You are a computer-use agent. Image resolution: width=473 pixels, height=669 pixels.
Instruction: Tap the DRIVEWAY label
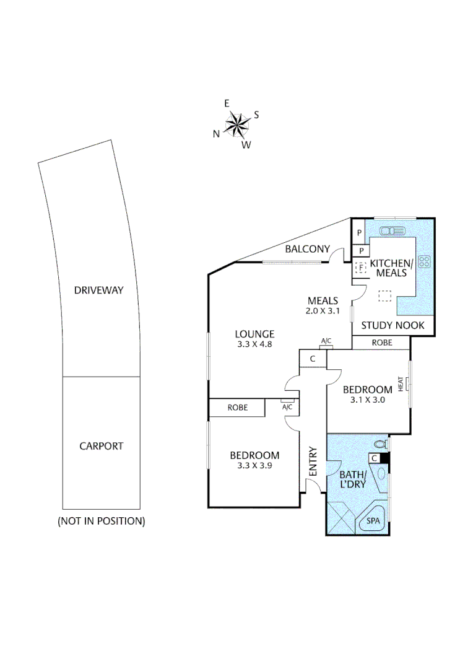(x=98, y=290)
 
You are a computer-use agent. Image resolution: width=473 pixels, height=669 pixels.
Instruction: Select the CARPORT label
(x=101, y=445)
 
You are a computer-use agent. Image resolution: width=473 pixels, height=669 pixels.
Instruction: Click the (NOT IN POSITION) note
(x=101, y=521)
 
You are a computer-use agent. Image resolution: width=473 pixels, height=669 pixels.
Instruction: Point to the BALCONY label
(x=307, y=250)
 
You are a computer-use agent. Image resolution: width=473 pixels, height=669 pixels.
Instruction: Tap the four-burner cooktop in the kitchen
(x=424, y=261)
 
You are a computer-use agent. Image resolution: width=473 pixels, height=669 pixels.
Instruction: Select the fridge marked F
(x=361, y=268)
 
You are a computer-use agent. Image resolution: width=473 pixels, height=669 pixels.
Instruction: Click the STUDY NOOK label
(x=393, y=325)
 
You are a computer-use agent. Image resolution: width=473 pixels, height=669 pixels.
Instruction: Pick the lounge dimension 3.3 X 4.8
(x=255, y=345)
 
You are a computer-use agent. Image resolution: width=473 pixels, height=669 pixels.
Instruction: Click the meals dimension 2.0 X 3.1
(x=323, y=312)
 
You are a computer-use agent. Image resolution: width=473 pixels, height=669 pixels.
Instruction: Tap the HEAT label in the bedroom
(x=401, y=384)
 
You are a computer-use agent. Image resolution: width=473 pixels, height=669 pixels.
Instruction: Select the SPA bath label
(x=373, y=521)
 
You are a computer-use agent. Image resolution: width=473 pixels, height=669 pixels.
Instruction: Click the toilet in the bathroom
(x=381, y=444)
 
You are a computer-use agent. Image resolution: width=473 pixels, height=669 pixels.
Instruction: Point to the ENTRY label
(x=313, y=461)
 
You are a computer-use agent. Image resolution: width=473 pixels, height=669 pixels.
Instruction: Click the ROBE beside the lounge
(x=237, y=408)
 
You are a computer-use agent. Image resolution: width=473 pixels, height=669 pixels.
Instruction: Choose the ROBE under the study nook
(x=381, y=343)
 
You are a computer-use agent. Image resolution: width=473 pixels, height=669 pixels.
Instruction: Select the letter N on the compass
(x=216, y=133)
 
